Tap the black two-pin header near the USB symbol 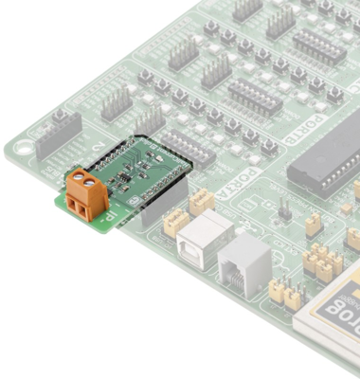(x=281, y=206)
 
